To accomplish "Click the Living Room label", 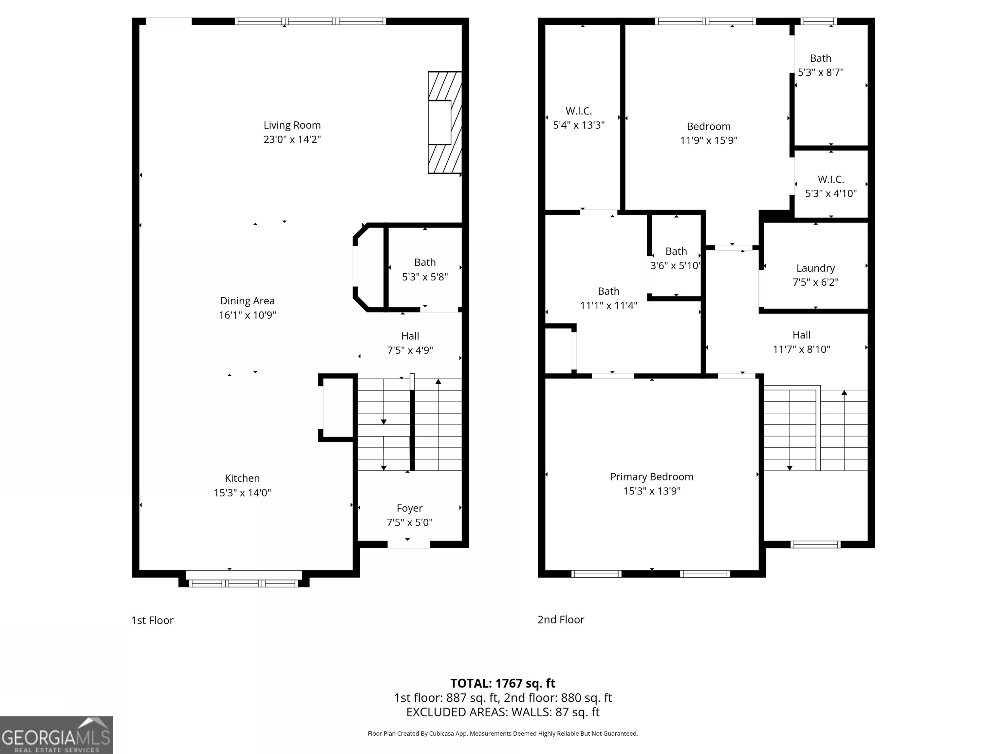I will click(292, 125).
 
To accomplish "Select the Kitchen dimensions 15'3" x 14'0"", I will click(242, 493).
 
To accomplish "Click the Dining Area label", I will click(248, 301).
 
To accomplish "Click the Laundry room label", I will click(815, 268).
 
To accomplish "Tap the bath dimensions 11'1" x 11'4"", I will click(608, 305).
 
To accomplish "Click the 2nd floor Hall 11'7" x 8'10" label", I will click(801, 342).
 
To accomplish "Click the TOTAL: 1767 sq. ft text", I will click(503, 683).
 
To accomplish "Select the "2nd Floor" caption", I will click(561, 619).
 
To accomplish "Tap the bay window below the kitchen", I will click(244, 580).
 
